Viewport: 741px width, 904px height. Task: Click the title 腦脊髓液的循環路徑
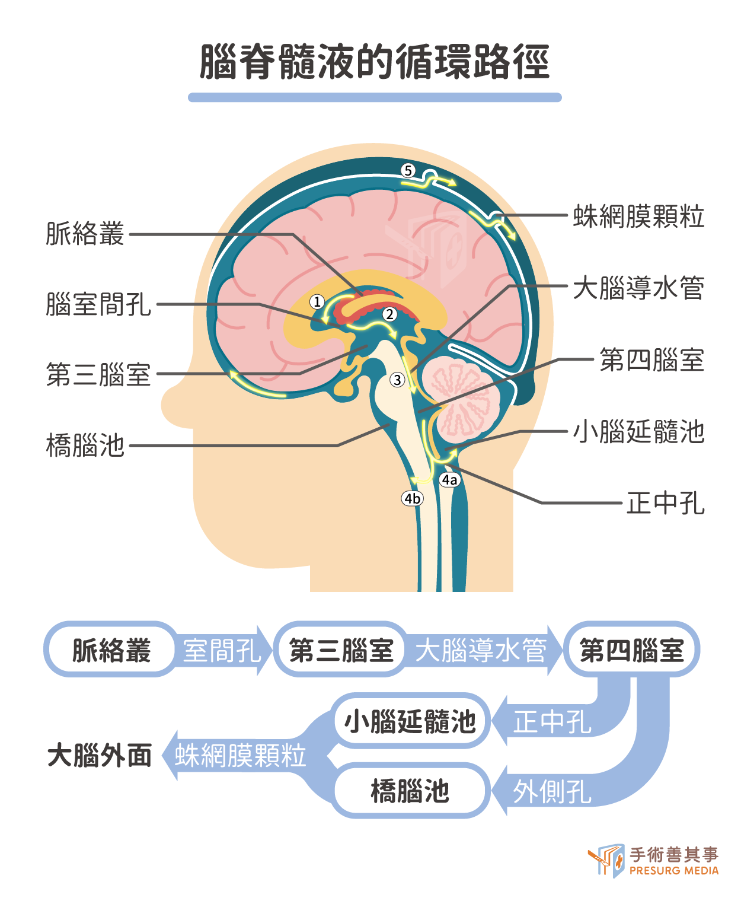coord(375,62)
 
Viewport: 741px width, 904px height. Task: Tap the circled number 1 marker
coord(317,302)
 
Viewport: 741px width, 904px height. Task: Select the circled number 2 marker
coord(389,314)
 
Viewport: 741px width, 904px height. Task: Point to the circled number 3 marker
coord(397,380)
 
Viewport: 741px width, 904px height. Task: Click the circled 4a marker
coord(449,480)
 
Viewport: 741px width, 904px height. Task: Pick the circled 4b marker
coord(412,498)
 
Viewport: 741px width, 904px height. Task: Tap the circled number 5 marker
coord(408,171)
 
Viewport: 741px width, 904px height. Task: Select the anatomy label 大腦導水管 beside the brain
coord(638,288)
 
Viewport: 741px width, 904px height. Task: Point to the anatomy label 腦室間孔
coord(98,304)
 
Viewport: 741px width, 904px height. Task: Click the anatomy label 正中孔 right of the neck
coord(665,503)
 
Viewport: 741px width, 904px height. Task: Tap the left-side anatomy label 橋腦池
coord(85,445)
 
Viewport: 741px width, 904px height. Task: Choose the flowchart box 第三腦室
coord(340,650)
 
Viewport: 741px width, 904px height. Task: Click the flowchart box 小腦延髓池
coord(410,721)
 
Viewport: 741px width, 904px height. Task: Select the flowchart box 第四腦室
coord(631,650)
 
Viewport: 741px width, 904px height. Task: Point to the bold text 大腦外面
coord(100,756)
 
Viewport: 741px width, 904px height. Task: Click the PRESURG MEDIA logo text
coord(674,871)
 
